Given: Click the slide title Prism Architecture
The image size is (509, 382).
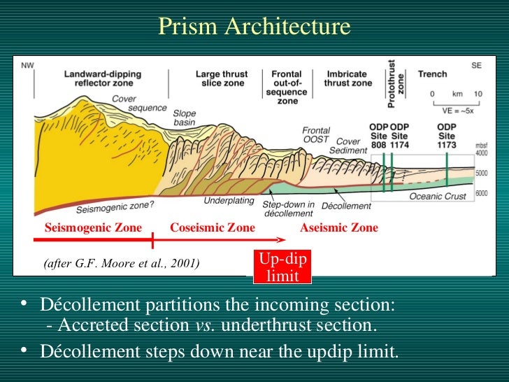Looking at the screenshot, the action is [254, 27].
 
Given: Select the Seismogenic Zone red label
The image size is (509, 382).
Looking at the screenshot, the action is [93, 227].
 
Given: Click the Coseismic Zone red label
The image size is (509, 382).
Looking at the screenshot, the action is [213, 227].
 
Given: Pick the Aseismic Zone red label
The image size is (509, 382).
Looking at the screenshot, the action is [338, 227].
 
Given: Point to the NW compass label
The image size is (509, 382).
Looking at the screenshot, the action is [28, 66].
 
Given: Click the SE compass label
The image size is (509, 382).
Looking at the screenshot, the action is [476, 65].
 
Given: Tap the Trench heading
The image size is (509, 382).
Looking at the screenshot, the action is [432, 73].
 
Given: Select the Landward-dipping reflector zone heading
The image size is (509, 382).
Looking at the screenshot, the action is [101, 78].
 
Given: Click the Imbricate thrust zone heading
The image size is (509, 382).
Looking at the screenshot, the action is [347, 78].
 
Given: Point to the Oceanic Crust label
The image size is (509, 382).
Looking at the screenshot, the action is [437, 197].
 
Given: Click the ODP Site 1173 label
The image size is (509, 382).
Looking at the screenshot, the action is [446, 136].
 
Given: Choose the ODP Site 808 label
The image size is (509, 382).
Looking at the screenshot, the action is [378, 136].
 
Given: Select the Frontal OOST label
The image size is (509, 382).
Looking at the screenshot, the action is [316, 135].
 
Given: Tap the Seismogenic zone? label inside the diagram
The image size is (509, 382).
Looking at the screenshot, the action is [115, 206].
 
